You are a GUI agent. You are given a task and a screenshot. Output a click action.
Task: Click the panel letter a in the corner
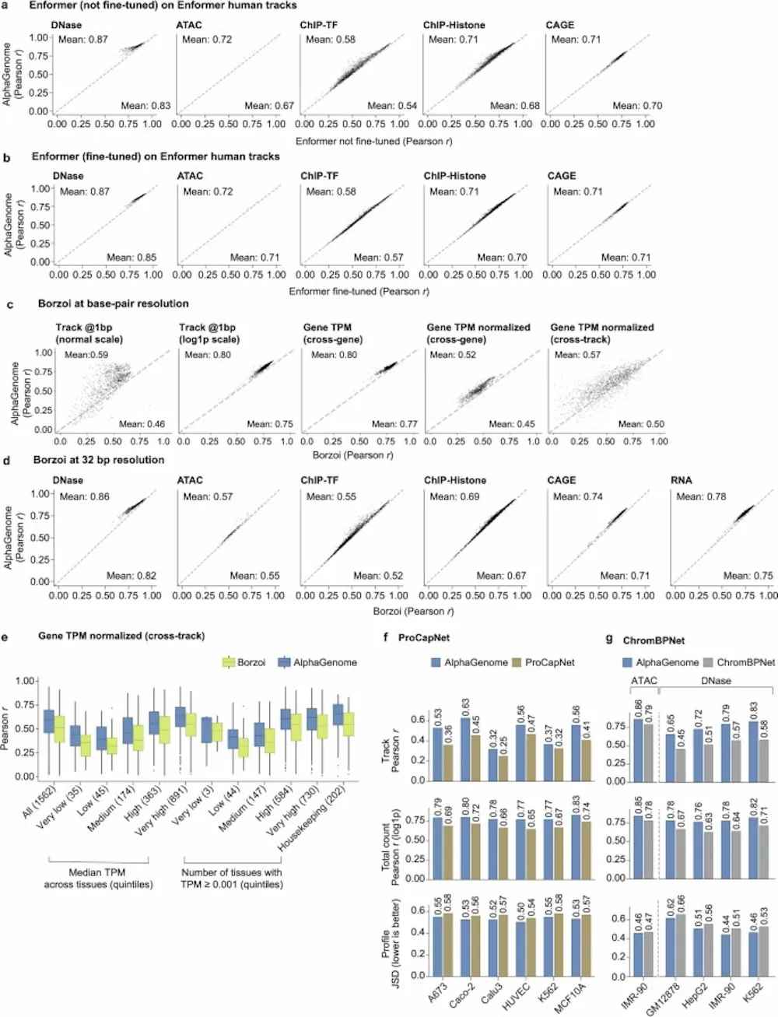6,5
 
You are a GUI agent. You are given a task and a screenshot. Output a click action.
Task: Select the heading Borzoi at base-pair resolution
114,303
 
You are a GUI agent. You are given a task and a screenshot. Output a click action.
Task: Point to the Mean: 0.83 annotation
145,106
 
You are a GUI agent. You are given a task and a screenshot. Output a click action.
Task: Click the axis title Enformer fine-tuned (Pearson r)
359,292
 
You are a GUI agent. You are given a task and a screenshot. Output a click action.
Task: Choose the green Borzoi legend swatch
228,662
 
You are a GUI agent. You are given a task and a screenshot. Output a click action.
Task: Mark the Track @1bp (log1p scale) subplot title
209,333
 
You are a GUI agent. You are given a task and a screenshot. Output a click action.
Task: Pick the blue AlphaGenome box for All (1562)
48,721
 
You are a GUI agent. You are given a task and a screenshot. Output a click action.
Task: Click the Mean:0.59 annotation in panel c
86,355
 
